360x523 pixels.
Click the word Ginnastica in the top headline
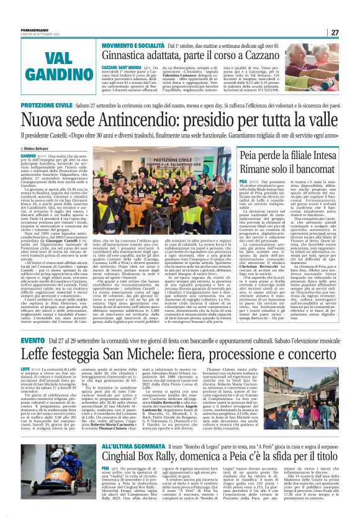click(x=130, y=58)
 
